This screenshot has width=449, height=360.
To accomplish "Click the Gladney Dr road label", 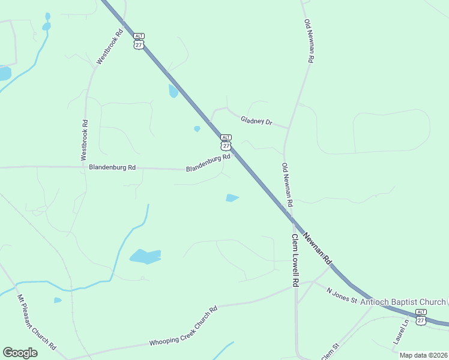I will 256,121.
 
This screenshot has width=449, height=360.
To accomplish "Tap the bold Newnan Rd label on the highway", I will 318,248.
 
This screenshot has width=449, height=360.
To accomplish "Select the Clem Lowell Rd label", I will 295,260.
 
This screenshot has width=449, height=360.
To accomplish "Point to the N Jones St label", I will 342,295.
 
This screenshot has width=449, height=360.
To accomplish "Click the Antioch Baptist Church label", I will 402,302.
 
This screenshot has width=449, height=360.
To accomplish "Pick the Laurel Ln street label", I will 401,331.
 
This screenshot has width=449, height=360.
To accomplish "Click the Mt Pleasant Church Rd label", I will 37,322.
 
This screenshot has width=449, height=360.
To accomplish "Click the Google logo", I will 20,353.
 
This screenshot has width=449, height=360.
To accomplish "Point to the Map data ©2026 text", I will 423,355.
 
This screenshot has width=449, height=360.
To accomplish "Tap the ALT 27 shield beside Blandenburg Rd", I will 226,142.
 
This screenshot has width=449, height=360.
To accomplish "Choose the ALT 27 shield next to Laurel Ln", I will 421,317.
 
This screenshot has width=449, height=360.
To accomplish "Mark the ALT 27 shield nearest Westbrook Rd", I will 139,41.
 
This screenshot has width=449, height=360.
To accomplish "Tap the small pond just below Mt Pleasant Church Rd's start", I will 57,300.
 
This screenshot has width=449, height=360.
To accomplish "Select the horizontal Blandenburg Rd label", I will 112,167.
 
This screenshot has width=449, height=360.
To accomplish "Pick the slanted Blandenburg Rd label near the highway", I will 208,163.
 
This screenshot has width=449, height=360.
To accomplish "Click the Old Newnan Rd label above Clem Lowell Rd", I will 287,185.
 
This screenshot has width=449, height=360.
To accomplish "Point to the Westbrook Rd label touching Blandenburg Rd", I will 85,140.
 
